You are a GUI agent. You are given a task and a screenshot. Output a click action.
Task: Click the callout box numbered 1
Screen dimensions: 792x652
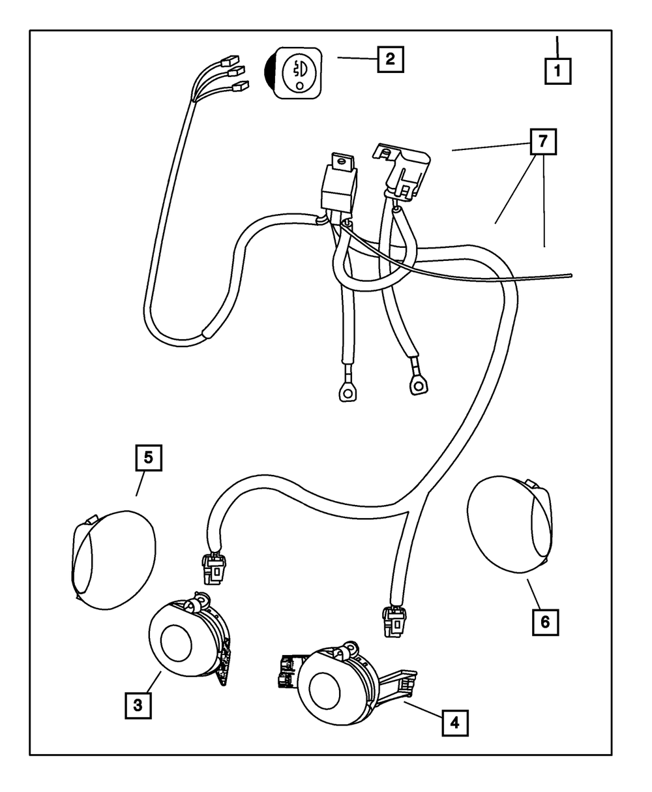[557, 70]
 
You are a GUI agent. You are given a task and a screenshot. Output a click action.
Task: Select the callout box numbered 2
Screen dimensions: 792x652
[389, 59]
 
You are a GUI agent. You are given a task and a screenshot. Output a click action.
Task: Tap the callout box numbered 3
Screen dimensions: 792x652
[138, 705]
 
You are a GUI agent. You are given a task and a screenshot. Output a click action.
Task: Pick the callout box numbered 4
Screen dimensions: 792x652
[454, 722]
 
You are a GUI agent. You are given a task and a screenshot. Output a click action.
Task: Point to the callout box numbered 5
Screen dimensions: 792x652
[149, 457]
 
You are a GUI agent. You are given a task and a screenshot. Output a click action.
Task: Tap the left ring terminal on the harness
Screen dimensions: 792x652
[345, 391]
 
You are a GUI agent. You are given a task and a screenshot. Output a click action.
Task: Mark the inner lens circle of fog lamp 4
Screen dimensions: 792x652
[324, 690]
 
